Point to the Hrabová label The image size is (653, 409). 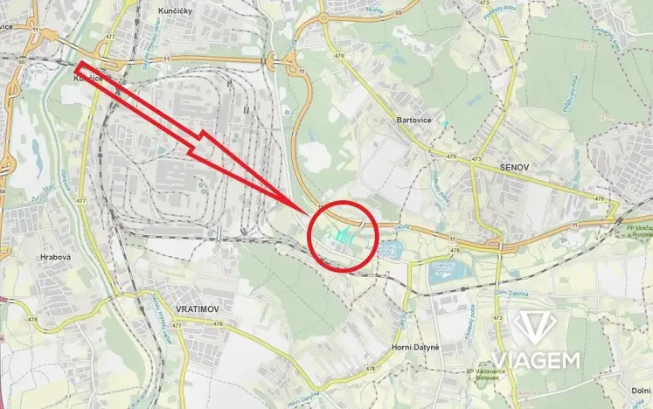click(55, 259)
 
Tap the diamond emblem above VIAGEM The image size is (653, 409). click(536, 329)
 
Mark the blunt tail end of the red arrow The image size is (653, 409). click(80, 68)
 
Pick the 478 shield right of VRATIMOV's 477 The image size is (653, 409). click(219, 324)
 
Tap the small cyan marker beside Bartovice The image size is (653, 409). click(444, 122)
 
